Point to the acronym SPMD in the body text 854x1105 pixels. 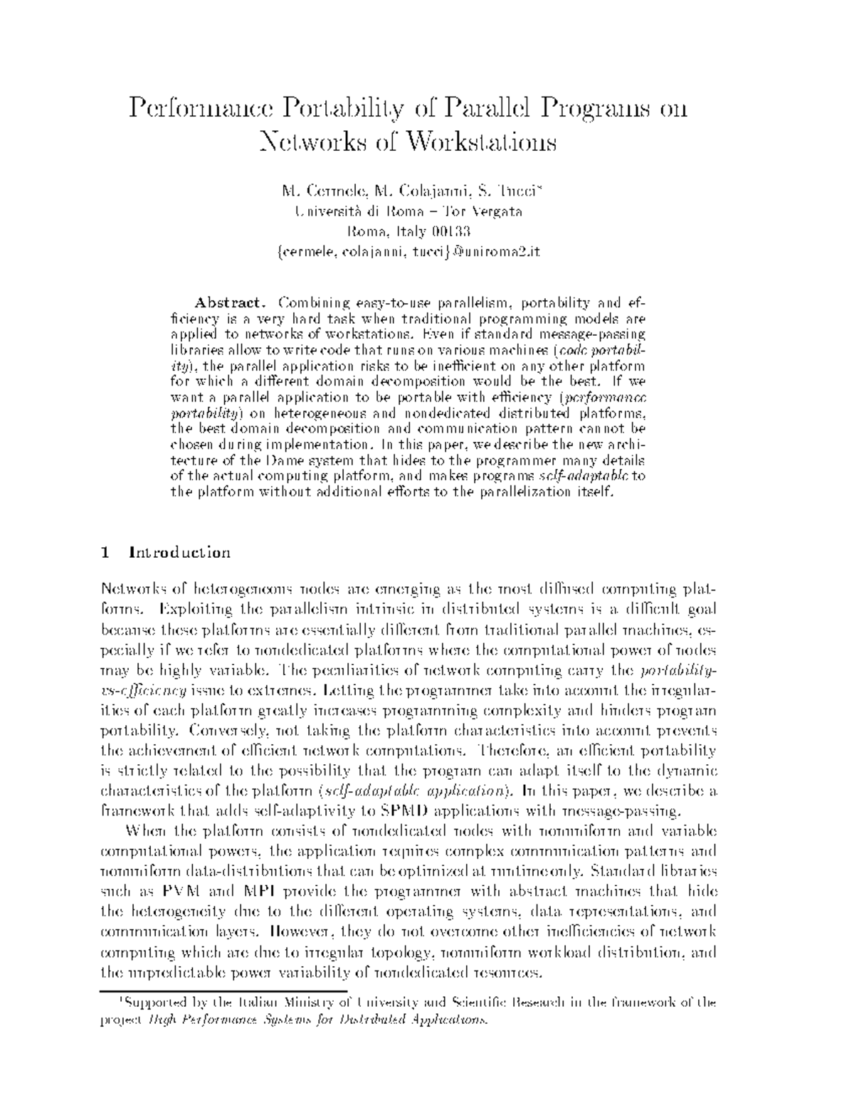click(x=405, y=810)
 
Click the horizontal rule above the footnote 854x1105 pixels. click(x=223, y=990)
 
